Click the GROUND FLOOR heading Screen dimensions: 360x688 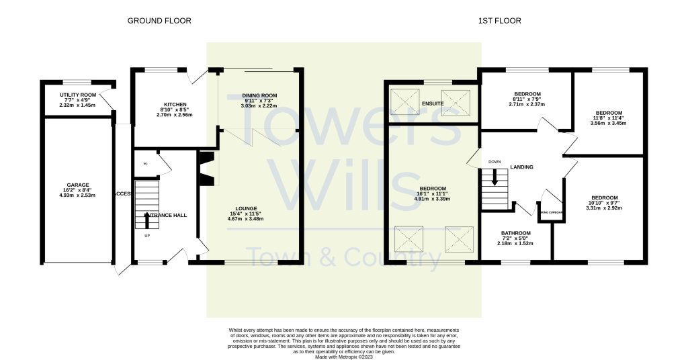click(159, 21)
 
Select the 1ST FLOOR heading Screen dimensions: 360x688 click(500, 21)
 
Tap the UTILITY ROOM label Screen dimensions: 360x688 click(77, 95)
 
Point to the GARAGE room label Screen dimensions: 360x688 click(77, 185)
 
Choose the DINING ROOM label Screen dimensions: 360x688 click(259, 95)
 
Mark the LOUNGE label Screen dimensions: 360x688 click(246, 208)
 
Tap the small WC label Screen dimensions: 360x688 click(144, 163)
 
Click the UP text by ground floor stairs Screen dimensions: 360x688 click(147, 236)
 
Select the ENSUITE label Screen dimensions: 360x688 click(432, 103)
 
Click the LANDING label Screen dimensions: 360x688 click(521, 167)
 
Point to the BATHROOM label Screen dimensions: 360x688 click(516, 233)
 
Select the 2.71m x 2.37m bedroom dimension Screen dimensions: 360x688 click(527, 104)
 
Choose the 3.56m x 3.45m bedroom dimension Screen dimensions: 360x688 click(609, 123)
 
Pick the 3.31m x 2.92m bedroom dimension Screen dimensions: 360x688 click(604, 208)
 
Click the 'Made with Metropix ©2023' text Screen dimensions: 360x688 click(344, 357)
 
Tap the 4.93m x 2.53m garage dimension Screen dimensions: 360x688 click(77, 195)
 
